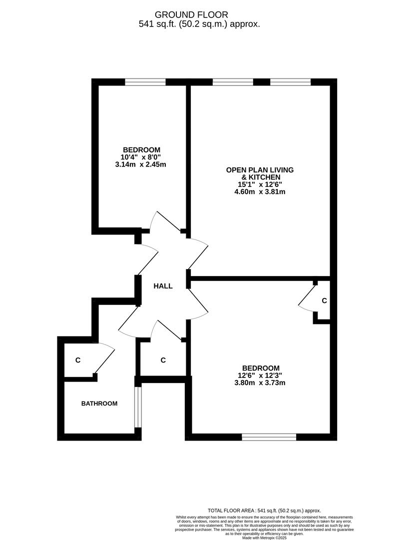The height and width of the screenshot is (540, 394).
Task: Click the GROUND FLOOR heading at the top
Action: click(x=199, y=14)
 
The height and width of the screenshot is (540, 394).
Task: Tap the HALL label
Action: click(x=163, y=286)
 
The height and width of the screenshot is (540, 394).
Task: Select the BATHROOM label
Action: click(x=99, y=403)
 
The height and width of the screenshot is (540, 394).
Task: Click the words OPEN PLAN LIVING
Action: click(x=260, y=170)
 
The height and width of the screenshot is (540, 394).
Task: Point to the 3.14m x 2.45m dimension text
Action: click(x=141, y=164)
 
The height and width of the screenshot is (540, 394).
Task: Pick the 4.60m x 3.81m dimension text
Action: click(x=260, y=191)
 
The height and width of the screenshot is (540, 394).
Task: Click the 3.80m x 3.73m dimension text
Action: click(x=260, y=383)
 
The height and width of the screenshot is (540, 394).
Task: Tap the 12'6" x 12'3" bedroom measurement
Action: click(x=260, y=375)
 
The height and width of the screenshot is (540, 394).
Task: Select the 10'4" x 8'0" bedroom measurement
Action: click(x=141, y=157)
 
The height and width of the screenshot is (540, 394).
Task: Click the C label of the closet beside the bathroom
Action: click(x=78, y=360)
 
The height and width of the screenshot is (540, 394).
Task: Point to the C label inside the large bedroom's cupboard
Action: click(x=324, y=301)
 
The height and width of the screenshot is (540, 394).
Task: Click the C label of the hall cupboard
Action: click(x=163, y=360)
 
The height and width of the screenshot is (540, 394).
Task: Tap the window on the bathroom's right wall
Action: click(x=138, y=406)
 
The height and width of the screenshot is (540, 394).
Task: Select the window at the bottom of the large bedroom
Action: click(x=269, y=437)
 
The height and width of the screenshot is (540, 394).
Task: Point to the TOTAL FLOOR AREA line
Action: click(x=264, y=510)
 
